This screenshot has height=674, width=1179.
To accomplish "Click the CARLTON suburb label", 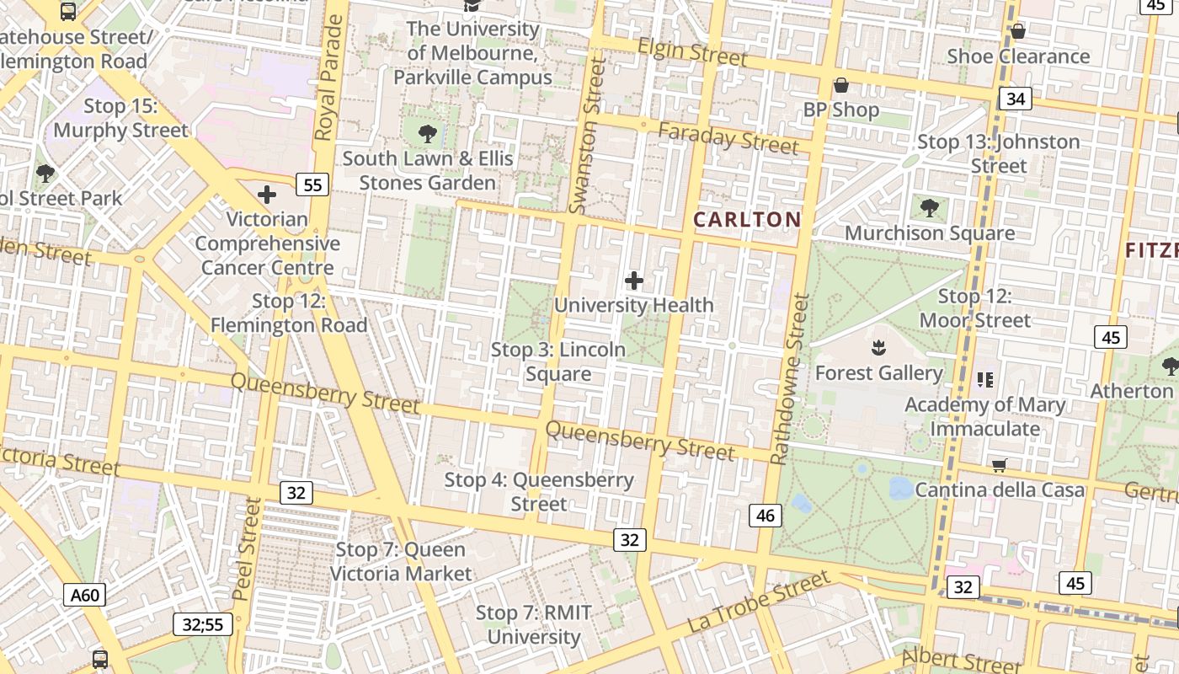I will [746, 220].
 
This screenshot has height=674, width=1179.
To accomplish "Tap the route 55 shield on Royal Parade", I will [312, 185].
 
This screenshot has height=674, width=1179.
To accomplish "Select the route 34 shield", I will [1016, 99].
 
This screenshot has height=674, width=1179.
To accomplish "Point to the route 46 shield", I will [765, 515].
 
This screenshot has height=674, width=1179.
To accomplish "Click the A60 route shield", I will [84, 596].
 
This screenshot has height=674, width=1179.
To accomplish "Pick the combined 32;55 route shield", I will [203, 624].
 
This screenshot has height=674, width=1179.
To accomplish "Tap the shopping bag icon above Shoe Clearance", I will [1018, 31].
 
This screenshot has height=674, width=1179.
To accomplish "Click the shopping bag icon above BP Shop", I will [840, 85].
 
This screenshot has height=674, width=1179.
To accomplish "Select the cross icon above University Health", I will [634, 281].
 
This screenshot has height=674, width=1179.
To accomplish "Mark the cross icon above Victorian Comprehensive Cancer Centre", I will [267, 195].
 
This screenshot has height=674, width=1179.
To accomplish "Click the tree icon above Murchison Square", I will [930, 207].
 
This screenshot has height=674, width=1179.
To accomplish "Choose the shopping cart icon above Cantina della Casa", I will [1000, 465].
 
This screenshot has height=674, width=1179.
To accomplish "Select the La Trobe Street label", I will [759, 602].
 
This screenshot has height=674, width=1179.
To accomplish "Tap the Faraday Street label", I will [728, 138].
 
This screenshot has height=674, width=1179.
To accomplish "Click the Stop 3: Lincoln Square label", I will [558, 361].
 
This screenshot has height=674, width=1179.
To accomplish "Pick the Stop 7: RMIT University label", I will [534, 624].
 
